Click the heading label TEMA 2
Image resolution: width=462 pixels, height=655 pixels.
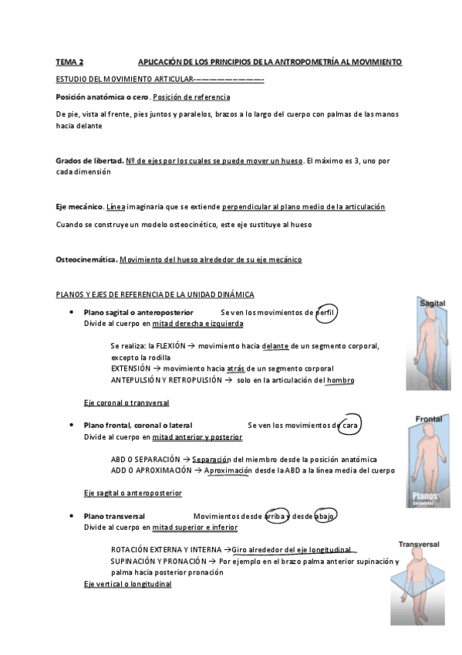pos(70,61)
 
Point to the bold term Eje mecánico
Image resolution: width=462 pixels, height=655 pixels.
pos(79,207)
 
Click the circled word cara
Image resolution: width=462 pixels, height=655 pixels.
pos(351,426)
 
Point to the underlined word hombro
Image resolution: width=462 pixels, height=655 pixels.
pos(340,380)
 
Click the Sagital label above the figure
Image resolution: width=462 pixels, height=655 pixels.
pos(431,304)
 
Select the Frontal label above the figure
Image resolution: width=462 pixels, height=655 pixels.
pos(429,419)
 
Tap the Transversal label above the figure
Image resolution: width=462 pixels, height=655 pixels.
pos(419,544)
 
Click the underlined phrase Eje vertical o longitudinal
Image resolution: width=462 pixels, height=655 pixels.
pos(127,584)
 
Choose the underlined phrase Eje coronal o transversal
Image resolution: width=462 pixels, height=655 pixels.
pos(126,403)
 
